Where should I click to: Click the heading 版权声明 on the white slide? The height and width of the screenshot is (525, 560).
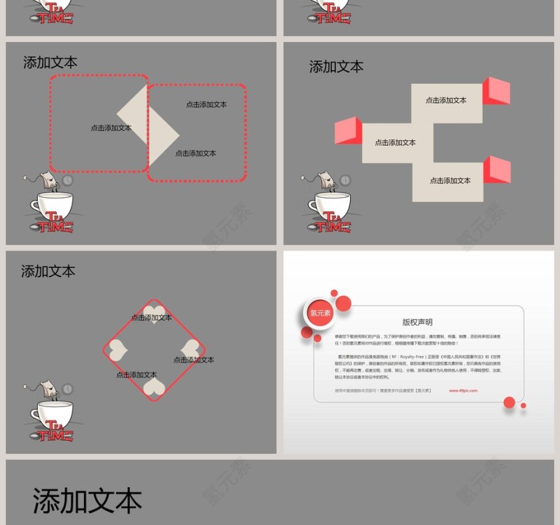click(x=417, y=322)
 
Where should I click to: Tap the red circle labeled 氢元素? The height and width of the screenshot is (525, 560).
click(x=320, y=313)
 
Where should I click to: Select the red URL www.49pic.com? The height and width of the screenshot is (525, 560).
click(x=463, y=390)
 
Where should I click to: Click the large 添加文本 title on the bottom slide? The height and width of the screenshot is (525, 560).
click(x=87, y=500)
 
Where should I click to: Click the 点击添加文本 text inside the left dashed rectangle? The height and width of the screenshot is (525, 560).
click(x=111, y=128)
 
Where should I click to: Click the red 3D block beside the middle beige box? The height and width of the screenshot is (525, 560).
click(x=348, y=131)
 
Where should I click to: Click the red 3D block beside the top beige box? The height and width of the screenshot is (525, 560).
click(x=496, y=91)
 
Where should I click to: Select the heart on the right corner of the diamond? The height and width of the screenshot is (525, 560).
click(x=191, y=349)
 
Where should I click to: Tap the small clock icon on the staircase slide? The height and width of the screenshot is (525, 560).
click(x=345, y=180)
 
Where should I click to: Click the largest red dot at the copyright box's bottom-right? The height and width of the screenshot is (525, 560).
click(x=509, y=402)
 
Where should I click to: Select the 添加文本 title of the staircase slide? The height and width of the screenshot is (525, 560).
click(x=336, y=67)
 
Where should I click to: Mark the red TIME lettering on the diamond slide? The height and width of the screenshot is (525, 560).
click(x=55, y=436)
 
